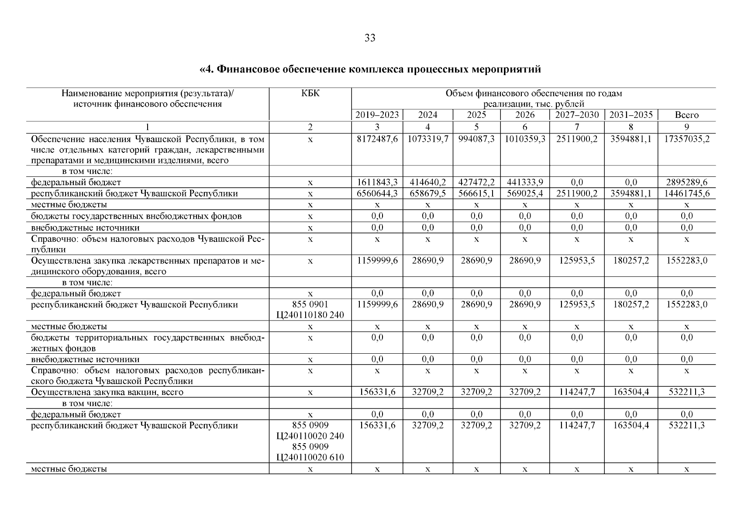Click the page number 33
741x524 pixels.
point(370,38)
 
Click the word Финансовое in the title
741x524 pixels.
point(249,69)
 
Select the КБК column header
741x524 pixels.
point(310,93)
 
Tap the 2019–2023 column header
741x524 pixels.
point(377,115)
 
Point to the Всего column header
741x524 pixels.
point(686,115)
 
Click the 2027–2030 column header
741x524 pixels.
point(577,115)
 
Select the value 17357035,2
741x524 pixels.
point(686,139)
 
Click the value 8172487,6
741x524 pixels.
point(377,139)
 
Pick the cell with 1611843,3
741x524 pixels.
point(377,183)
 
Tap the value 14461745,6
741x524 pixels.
point(686,193)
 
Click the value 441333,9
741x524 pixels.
point(525,183)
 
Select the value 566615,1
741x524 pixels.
point(476,193)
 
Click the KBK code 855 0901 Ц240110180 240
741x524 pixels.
point(310,310)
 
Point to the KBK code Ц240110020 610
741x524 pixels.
point(310,458)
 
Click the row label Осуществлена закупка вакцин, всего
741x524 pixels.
point(107,392)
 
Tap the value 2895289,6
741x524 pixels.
point(686,183)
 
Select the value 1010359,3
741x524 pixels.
point(525,139)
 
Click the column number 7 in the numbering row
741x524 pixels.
point(577,127)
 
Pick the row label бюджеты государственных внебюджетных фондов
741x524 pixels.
point(136,216)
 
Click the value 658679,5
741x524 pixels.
point(427,193)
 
